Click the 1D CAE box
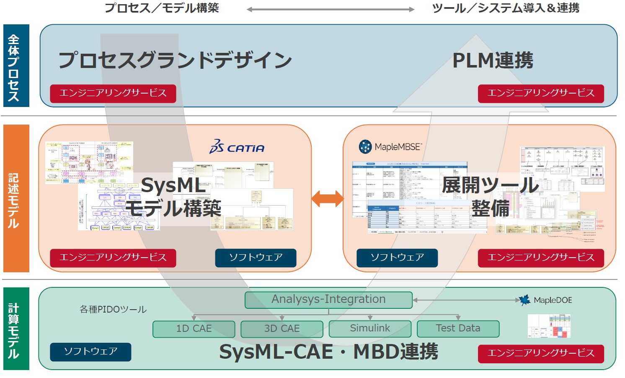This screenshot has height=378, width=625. [x=194, y=329]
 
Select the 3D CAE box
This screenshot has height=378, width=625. [x=282, y=329]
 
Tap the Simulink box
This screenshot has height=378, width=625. [x=370, y=328]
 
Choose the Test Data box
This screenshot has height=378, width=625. [x=458, y=328]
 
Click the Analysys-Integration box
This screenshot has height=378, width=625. [x=328, y=300]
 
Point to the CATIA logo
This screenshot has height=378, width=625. [x=237, y=147]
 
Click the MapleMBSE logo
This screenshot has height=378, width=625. [x=390, y=147]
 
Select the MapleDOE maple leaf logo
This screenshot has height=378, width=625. [x=525, y=300]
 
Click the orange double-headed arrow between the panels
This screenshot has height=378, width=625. [x=328, y=198]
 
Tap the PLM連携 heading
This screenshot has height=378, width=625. [x=493, y=60]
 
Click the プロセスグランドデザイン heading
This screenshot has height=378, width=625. [x=175, y=60]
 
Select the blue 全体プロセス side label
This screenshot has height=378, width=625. [x=16, y=66]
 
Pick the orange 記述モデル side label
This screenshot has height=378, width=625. [x=16, y=198]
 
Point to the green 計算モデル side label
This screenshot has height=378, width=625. [x=16, y=328]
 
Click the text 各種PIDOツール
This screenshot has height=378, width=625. [x=113, y=310]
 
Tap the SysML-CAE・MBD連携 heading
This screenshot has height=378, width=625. [x=328, y=352]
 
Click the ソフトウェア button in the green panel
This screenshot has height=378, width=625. [x=90, y=352]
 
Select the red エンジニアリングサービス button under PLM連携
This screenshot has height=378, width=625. [x=541, y=94]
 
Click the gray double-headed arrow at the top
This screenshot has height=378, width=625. [x=330, y=9]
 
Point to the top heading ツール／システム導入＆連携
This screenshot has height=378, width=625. [x=506, y=8]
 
